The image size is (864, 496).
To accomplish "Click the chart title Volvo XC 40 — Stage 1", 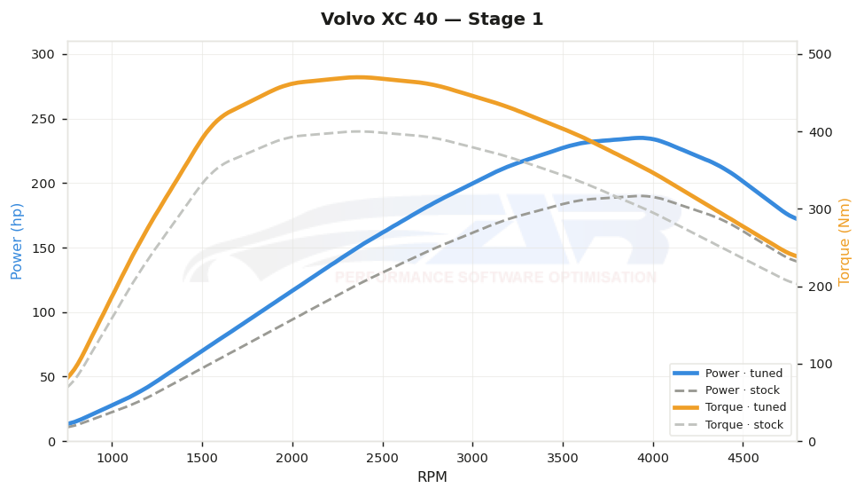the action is tap(432, 19).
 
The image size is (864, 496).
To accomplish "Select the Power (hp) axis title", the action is tap(16, 241).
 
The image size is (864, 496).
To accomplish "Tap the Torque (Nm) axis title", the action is tap(844, 242).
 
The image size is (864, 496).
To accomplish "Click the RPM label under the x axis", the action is tap(432, 476).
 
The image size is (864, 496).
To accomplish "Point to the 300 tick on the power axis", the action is tap(43, 54).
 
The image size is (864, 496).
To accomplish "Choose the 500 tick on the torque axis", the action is tap(820, 54).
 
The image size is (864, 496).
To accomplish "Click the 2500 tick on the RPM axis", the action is tap(383, 458).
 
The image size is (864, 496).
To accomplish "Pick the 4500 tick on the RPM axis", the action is tap(743, 458).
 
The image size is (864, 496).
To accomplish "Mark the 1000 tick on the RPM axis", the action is tap(113, 458).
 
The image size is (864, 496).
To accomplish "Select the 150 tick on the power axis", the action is tap(43, 248).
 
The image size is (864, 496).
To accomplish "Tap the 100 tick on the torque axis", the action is tap(820, 364).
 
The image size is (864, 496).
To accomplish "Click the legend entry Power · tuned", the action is tap(728, 373).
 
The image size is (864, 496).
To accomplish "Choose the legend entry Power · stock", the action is tap(727, 390).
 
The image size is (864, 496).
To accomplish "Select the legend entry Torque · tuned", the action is tap(729, 407).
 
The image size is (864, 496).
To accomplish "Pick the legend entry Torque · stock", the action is tap(728, 425).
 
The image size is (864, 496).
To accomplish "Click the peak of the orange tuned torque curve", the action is tap(359, 77).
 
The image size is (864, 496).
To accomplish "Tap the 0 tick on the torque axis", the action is tap(812, 441).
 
